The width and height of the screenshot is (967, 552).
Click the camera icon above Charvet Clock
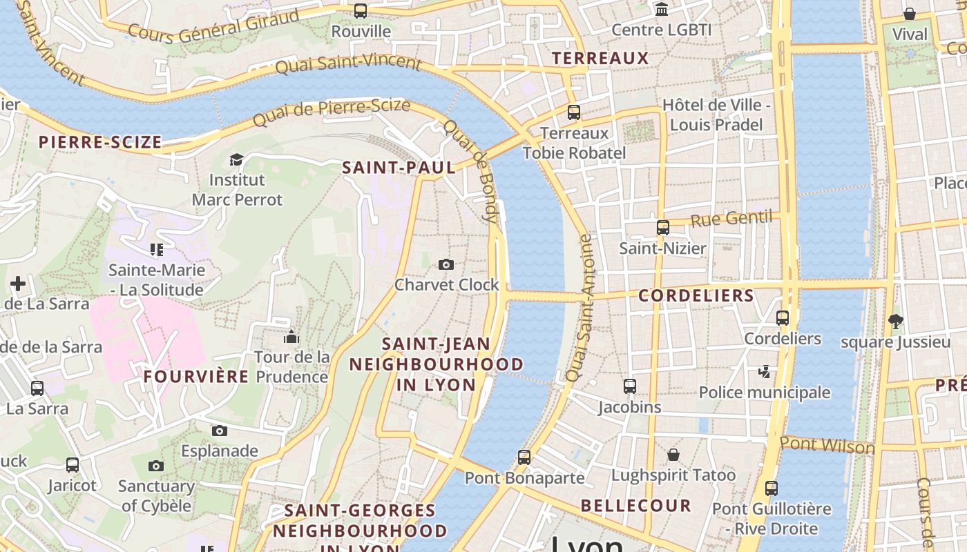(446, 264)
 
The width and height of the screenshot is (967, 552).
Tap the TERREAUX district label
(600, 59)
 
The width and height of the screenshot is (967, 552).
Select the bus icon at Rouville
(360, 11)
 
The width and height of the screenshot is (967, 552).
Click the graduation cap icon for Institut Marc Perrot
(236, 159)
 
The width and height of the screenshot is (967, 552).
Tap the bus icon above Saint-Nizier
(662, 228)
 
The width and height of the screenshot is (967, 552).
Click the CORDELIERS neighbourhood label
(696, 296)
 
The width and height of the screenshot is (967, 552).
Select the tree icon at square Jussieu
(895, 321)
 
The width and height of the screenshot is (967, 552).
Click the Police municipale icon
(764, 372)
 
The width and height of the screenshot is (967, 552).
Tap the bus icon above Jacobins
(629, 386)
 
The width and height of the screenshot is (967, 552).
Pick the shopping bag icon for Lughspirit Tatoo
(673, 455)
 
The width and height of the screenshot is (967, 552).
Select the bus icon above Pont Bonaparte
(524, 457)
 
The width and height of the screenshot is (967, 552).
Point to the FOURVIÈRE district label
(196, 377)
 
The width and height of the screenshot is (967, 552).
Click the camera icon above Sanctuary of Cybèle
(156, 466)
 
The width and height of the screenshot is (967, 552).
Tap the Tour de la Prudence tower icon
(291, 337)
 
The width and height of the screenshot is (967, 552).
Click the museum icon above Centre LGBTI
(662, 10)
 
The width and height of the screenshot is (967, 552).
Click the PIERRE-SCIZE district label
(100, 143)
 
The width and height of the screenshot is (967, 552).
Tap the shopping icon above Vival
(910, 14)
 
